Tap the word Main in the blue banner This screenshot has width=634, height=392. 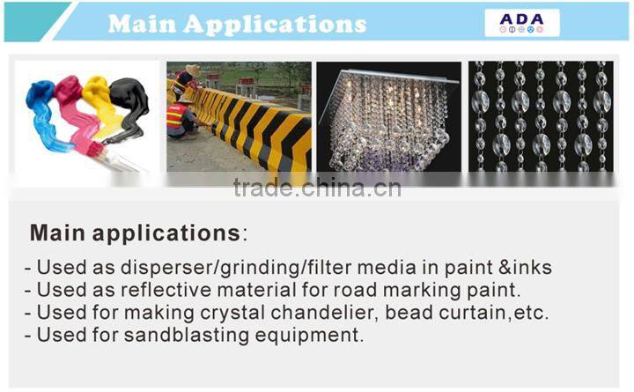coord(146,23)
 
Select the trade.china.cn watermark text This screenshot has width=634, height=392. coord(317,188)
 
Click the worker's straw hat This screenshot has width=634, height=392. coord(192,70)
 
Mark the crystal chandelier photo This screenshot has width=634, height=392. coord(387,115)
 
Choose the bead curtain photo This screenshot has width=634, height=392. coord(539,115)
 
